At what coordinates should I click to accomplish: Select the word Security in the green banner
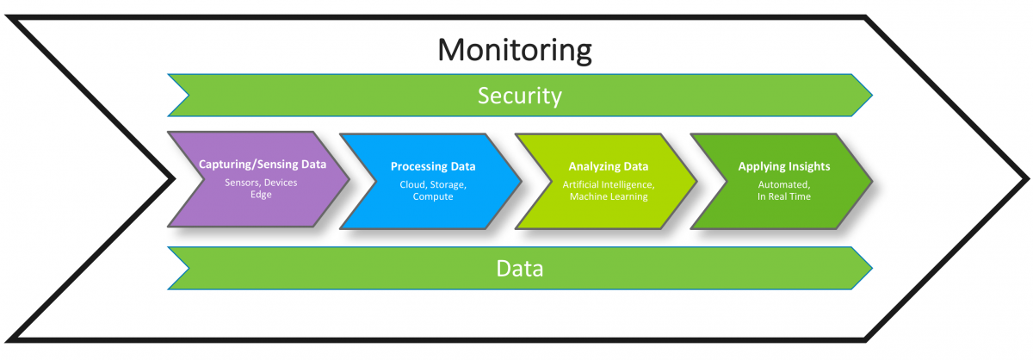[520, 96]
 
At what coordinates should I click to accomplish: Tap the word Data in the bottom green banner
[520, 268]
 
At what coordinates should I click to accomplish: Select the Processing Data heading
[433, 166]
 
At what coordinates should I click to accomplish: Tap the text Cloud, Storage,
[433, 184]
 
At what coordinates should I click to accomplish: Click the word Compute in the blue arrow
[433, 197]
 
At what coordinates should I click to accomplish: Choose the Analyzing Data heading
[608, 166]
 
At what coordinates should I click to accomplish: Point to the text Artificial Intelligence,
[608, 184]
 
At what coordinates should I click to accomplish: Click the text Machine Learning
[608, 197]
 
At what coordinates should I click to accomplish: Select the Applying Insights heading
[782, 166]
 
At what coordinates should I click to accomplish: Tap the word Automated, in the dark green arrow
[782, 184]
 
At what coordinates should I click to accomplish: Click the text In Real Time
[782, 197]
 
